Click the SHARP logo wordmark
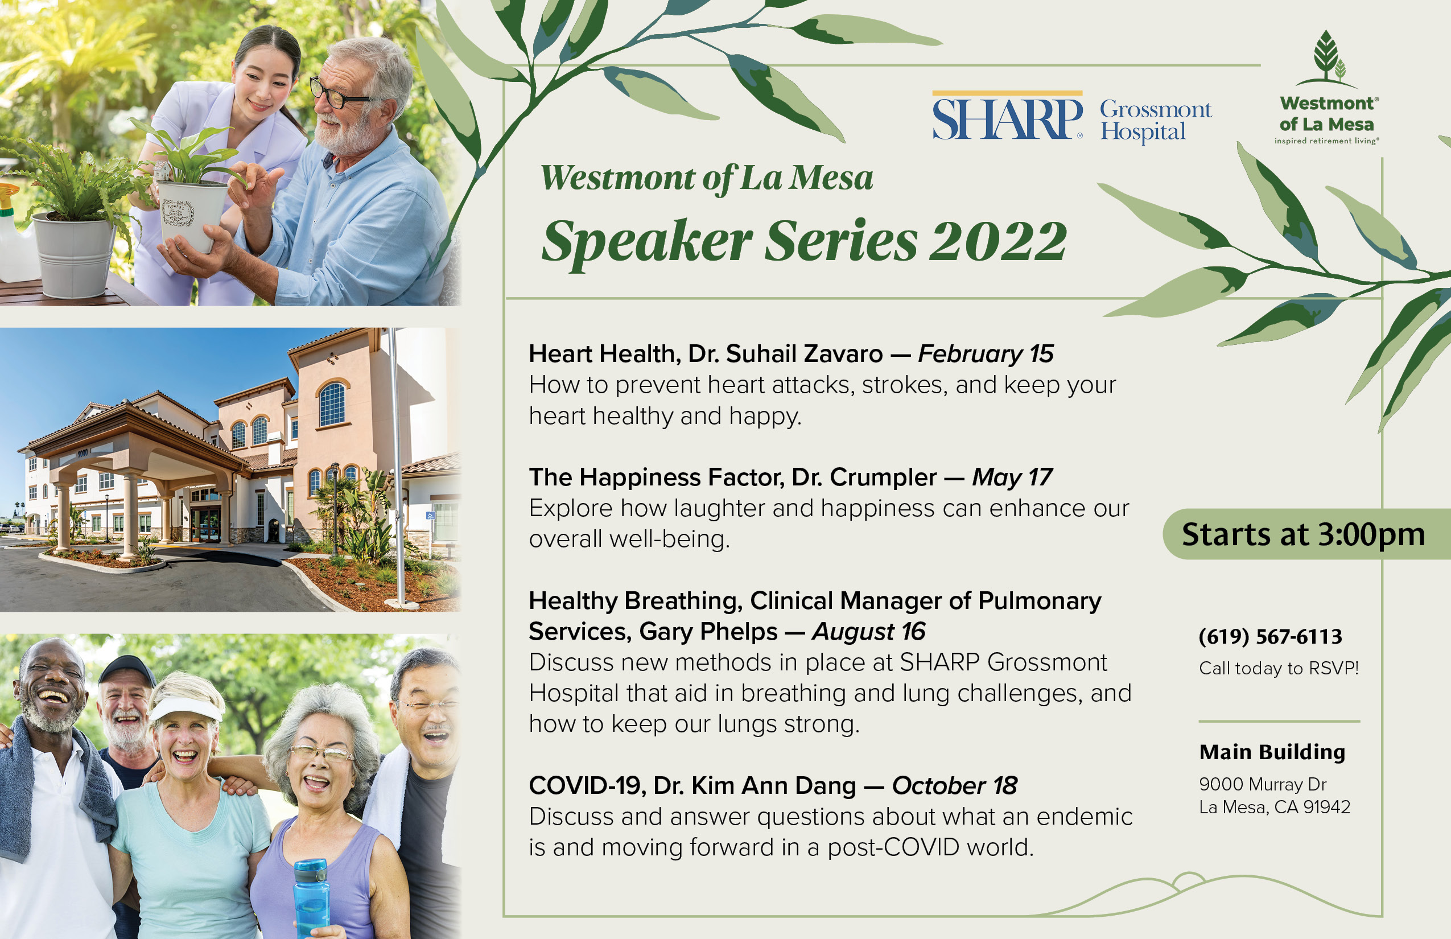1007,118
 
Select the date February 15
986,353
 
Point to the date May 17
1013,477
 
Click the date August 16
869,632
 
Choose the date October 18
955,786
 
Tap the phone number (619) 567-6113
1271,637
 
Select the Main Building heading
1272,752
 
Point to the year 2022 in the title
998,241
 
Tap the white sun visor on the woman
186,709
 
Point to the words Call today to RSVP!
1279,668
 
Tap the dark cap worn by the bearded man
127,669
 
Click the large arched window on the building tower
332,403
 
